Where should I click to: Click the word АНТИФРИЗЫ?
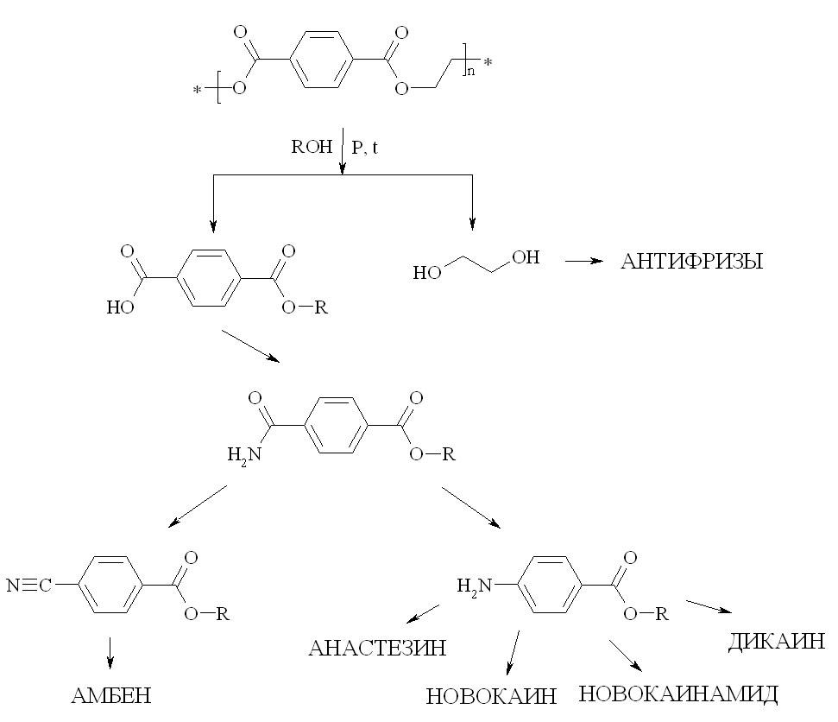[x=691, y=262]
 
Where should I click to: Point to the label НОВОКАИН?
[x=492, y=696]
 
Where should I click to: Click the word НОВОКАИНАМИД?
[x=678, y=693]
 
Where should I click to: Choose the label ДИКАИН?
[x=777, y=641]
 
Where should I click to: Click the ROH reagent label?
[x=311, y=147]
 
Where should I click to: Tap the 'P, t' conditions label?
[x=365, y=148]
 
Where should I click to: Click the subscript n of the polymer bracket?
[x=470, y=71]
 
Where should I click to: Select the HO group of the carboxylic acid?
[x=119, y=306]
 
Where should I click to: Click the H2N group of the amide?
[x=242, y=453]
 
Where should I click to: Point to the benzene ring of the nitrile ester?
[x=110, y=585]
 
